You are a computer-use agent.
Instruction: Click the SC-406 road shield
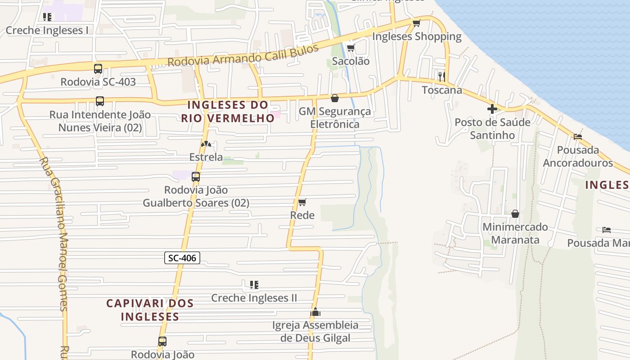pos(182,258)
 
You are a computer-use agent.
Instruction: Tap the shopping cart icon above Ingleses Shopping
pos(416,23)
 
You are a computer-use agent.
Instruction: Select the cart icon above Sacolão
pos(351,48)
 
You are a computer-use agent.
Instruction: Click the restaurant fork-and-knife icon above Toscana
pos(441,76)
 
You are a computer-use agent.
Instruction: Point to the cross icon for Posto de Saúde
pos(492,108)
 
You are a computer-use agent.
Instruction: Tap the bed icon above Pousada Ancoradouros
pos(578,136)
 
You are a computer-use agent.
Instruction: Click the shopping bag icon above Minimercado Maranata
pos(515,213)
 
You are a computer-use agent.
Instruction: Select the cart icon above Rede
pos(302,202)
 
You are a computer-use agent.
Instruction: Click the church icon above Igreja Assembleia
pos(315,311)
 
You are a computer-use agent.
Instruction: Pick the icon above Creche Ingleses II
pos(254,284)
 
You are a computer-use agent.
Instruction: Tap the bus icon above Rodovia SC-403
pos(98,69)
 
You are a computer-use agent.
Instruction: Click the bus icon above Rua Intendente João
pos(100,101)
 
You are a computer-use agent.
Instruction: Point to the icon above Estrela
pos(206,144)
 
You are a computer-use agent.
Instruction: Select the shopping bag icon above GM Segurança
pos(335,98)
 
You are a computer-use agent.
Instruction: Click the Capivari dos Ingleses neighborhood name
pos(150,310)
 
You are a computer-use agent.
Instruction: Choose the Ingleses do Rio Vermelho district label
pos(228,111)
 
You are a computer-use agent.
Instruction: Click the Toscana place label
pos(442,90)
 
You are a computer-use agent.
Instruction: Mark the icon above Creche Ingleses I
pos(47,17)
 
